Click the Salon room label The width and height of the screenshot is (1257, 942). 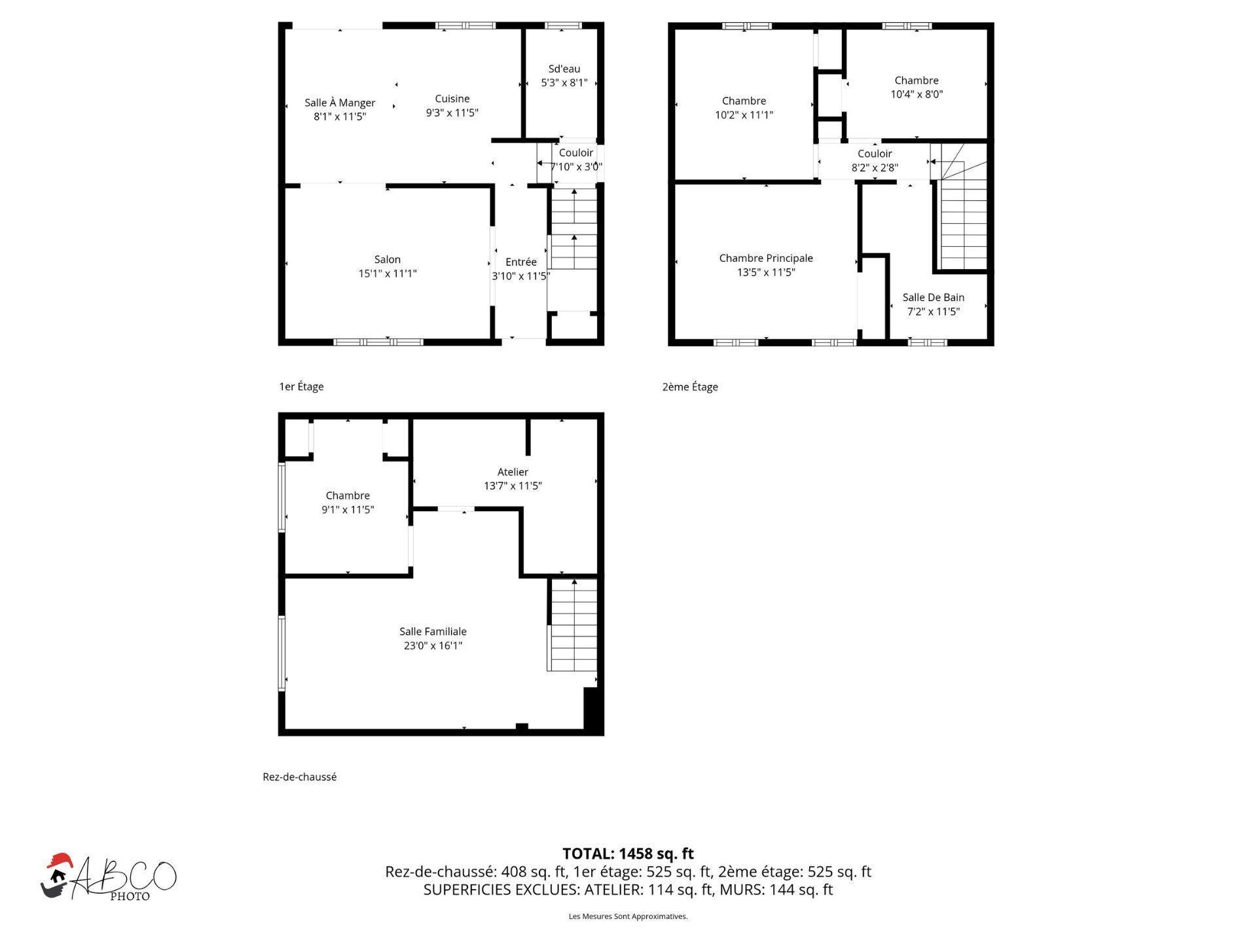388,260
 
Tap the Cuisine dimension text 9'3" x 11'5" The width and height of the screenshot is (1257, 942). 452,113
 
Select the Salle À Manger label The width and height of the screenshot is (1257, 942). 340,103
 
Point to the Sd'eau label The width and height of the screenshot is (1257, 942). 564,69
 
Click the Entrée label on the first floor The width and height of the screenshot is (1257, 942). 521,262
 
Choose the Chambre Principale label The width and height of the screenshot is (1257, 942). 766,258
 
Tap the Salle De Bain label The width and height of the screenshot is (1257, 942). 934,297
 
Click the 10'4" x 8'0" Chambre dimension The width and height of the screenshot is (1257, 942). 917,94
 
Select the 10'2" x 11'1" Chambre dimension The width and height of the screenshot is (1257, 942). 744,115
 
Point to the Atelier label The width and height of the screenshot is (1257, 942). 513,472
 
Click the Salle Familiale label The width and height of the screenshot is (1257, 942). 433,632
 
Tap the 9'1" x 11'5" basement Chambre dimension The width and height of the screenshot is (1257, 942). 348,510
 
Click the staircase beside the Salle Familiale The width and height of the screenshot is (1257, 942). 573,625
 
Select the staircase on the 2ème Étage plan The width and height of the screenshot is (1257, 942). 960,206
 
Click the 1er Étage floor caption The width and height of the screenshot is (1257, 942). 301,387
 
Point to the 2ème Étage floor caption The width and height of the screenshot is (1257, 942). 690,387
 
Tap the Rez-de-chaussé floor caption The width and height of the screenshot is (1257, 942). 299,777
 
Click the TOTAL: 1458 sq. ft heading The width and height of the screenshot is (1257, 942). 628,854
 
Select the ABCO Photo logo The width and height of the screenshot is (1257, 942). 108,878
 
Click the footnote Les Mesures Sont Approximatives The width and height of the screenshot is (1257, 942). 628,916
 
